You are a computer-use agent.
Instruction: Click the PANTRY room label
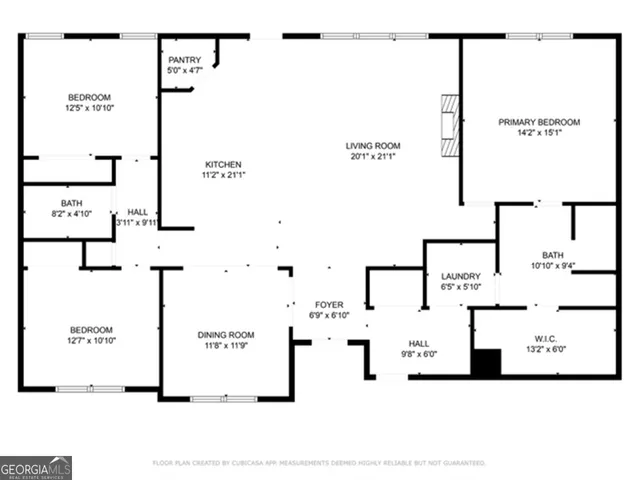tap(184, 60)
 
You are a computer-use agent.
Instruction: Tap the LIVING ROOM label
tap(373, 144)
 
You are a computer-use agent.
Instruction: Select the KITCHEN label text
tap(223, 164)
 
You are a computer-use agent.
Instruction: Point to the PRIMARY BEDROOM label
tap(539, 122)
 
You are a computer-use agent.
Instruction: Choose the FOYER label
tap(329, 305)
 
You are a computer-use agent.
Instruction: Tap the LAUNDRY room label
tap(461, 276)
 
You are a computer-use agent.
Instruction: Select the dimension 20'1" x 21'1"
tap(373, 156)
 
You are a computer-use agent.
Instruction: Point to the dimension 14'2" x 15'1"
tap(539, 133)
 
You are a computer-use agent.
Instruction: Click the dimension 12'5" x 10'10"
tap(89, 108)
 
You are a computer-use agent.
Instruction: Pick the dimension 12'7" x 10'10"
tap(90, 341)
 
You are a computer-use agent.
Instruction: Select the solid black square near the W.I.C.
tap(485, 363)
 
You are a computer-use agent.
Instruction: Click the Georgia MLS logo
tap(36, 467)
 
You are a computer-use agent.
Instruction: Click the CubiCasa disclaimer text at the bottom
tap(319, 463)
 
